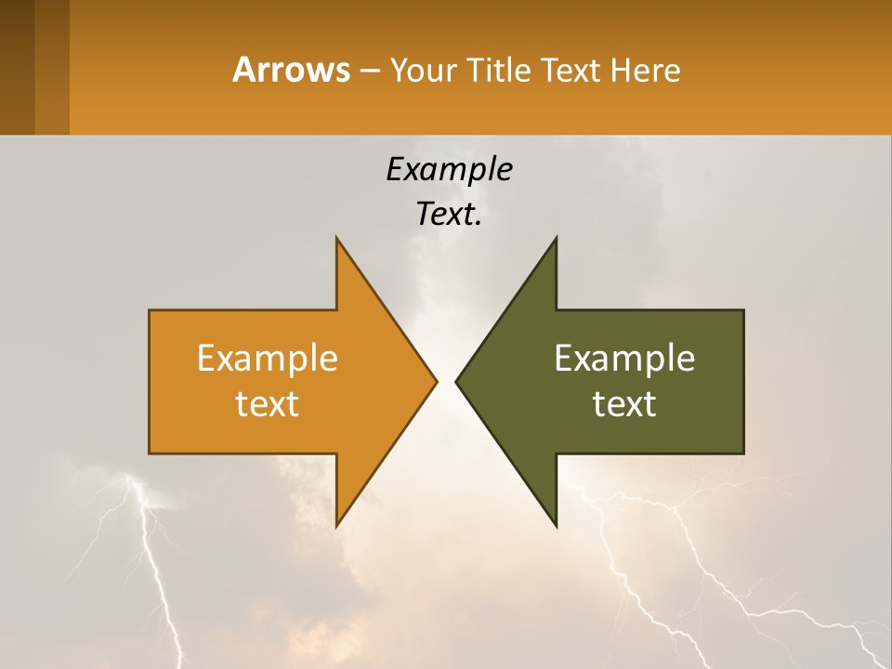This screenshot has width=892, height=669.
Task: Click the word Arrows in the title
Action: point(291,70)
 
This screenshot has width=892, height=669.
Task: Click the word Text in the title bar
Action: point(572,71)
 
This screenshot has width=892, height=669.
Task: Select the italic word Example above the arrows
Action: point(449,169)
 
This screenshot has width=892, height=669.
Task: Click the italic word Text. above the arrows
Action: point(449,215)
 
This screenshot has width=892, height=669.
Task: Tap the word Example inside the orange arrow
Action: point(268,358)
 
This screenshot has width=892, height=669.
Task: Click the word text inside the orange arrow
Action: point(268,403)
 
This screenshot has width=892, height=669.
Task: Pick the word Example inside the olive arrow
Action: point(624,358)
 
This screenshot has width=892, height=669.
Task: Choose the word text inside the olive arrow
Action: point(624,403)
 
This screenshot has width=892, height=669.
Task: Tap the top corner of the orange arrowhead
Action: point(337,240)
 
